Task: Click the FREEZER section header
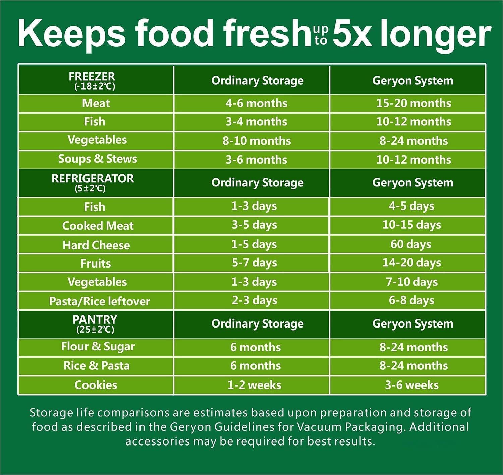[x=92, y=80]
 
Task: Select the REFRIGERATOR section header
[x=93, y=182]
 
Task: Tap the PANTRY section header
[x=95, y=324]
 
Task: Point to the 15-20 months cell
[x=413, y=103]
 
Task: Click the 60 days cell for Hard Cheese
[x=411, y=244]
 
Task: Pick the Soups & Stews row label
[x=98, y=159]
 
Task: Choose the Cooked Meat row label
[x=98, y=226]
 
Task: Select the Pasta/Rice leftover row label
[x=99, y=301]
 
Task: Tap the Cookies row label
[x=96, y=385]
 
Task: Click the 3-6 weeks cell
[x=411, y=385]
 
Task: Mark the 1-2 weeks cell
[x=254, y=385]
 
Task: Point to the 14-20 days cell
[x=411, y=263]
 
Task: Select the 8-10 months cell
[x=257, y=141]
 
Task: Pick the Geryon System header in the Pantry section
[x=412, y=324]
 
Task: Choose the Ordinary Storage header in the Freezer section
[x=257, y=81]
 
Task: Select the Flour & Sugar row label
[x=98, y=347]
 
